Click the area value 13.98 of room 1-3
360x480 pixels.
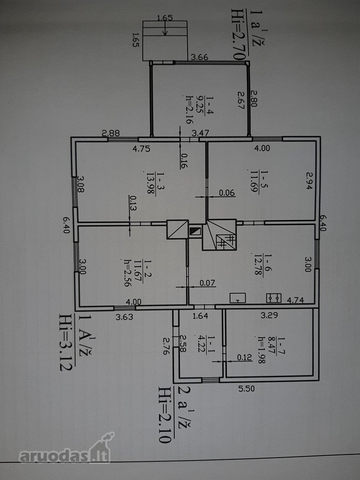150,183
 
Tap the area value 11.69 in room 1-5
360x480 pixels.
254,181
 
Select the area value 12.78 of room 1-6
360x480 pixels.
259,264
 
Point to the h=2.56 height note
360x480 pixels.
127,273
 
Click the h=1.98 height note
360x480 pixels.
261,350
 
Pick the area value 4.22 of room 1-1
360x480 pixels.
202,344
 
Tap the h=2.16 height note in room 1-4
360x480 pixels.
190,109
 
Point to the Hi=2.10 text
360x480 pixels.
165,414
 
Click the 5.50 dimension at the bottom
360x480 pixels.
246,389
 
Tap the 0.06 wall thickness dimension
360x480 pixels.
227,193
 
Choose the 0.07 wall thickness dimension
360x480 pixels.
207,283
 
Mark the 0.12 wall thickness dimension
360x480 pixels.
244,357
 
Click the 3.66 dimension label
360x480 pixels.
199,57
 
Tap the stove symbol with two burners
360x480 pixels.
274,298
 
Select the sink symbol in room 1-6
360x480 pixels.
238,298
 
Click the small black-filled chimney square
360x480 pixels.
195,231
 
